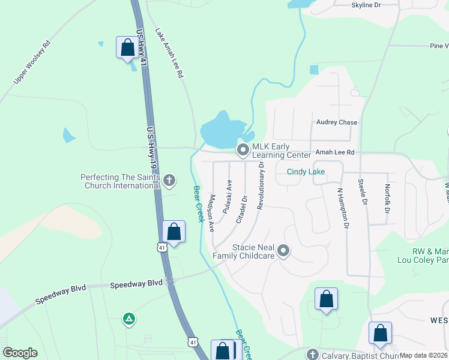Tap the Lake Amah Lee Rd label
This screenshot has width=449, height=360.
tap(169, 53)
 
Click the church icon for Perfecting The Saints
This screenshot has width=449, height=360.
tap(169, 179)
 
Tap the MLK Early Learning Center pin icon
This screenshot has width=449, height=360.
tap(243, 150)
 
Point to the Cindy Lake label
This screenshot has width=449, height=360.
tap(306, 172)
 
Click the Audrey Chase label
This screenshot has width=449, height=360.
tap(337, 122)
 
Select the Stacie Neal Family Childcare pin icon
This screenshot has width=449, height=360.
tap(283, 251)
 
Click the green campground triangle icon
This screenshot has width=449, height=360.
tap(128, 319)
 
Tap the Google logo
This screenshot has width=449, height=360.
tap(20, 353)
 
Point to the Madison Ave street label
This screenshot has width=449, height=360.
tap(211, 213)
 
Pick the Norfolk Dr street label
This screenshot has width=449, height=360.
tap(387, 199)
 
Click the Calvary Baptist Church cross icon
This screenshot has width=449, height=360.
tap(312, 355)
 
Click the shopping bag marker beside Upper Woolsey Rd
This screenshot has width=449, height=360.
tap(127, 48)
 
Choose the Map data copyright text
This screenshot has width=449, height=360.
tap(424, 355)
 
